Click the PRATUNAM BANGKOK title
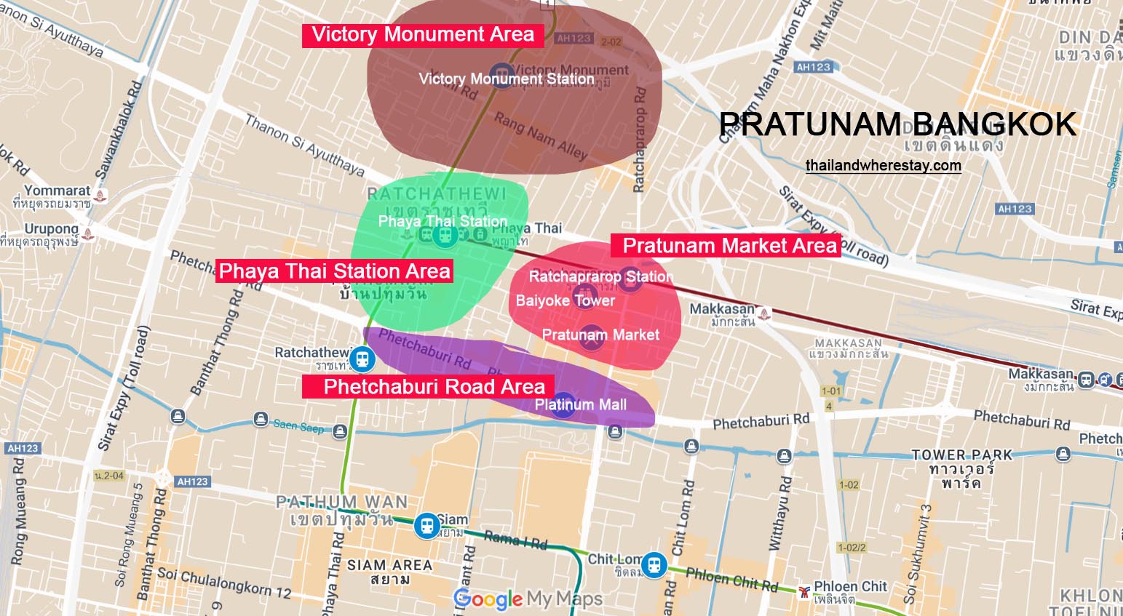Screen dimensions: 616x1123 coord(897,125)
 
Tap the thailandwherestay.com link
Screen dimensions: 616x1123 coord(883,166)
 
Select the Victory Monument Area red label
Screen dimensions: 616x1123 coord(422,35)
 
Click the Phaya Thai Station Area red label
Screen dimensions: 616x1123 coord(335,271)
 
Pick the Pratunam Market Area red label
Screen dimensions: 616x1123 coord(729,246)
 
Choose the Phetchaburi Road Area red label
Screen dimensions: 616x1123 coord(434,386)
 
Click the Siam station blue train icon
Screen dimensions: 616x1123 coord(426,525)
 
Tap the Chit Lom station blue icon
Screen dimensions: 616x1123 coord(655,564)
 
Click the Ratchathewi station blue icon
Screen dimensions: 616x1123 coord(361,359)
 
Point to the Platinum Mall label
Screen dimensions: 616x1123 coord(580,404)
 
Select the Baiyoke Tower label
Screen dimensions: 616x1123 coord(565,300)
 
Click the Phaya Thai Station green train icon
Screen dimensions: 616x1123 coord(443,235)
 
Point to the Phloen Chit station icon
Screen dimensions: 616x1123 coord(803,591)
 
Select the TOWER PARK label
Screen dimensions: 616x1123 coord(961,455)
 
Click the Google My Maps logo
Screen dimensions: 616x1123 coord(528,599)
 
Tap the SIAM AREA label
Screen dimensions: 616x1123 coord(389,565)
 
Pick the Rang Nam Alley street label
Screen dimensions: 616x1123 coord(540,136)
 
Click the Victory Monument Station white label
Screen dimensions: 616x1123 coord(507,79)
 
